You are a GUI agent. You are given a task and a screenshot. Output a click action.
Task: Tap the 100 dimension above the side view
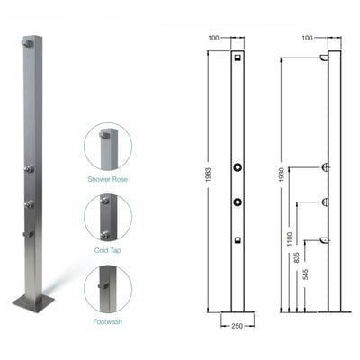coord(307,39)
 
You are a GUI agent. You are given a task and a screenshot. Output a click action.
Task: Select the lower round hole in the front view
coord(238,200)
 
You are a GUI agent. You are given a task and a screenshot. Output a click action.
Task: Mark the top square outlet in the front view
coord(238,59)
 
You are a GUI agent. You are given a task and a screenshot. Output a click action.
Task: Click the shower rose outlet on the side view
coord(323,59)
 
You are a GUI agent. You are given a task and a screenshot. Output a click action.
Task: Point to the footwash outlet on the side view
coord(323,240)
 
